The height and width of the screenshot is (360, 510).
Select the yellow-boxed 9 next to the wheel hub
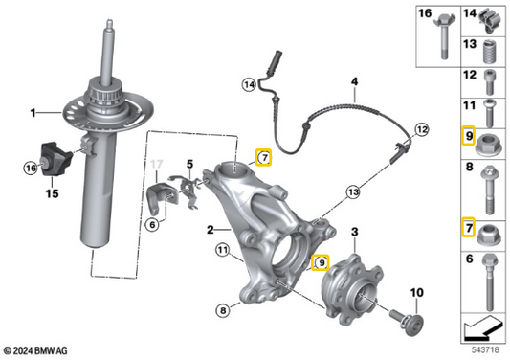[322, 260]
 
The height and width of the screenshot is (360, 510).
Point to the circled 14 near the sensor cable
[249, 85]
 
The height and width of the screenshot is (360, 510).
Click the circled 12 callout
[422, 127]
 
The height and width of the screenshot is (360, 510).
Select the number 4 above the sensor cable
[353, 83]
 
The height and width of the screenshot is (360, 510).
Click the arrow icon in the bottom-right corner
[482, 331]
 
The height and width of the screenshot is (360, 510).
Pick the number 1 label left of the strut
[32, 113]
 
